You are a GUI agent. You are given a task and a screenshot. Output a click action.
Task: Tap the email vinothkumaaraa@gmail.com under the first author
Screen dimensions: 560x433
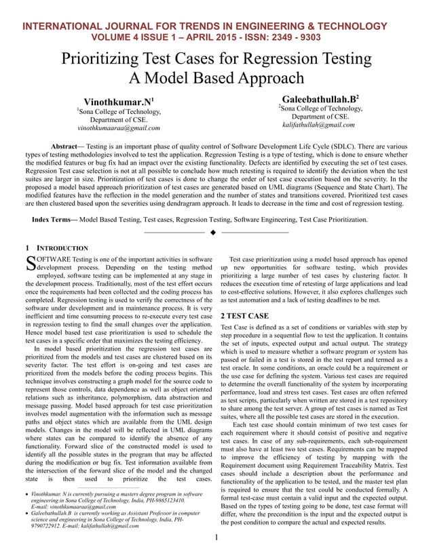(119, 127)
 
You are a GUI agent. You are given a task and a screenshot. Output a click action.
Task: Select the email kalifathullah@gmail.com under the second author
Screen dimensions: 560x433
(318, 125)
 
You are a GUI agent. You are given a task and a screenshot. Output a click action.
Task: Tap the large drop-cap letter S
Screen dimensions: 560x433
(30, 263)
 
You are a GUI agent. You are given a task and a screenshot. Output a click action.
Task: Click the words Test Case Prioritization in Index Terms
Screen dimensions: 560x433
(333, 220)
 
